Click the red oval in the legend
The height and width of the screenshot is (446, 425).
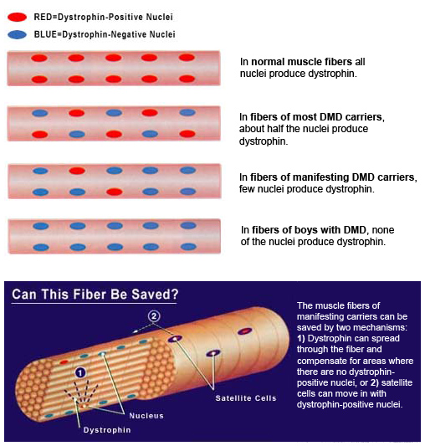[x=17, y=17]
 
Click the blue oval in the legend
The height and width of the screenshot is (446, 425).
[x=17, y=34]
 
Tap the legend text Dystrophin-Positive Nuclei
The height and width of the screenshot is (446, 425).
[x=115, y=17]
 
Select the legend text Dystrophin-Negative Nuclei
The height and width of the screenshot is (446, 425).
[x=119, y=34]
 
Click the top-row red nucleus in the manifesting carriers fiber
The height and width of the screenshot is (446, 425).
[x=77, y=171]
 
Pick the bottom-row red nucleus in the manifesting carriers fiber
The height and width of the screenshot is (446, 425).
[x=115, y=192]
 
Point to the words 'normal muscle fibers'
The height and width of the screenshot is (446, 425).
[x=301, y=62]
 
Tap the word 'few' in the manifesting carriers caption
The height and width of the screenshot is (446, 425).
[x=247, y=189]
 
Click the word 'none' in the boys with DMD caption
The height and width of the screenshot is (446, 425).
[x=383, y=230]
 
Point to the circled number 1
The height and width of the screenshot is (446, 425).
[x=80, y=372]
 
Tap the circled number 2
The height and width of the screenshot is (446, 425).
[x=154, y=316]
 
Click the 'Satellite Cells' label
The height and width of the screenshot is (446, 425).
[x=246, y=398]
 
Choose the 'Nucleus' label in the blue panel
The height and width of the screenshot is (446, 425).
[x=146, y=416]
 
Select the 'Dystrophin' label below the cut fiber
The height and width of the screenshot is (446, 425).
[x=107, y=430]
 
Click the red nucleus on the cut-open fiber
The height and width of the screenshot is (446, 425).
[x=64, y=362]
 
